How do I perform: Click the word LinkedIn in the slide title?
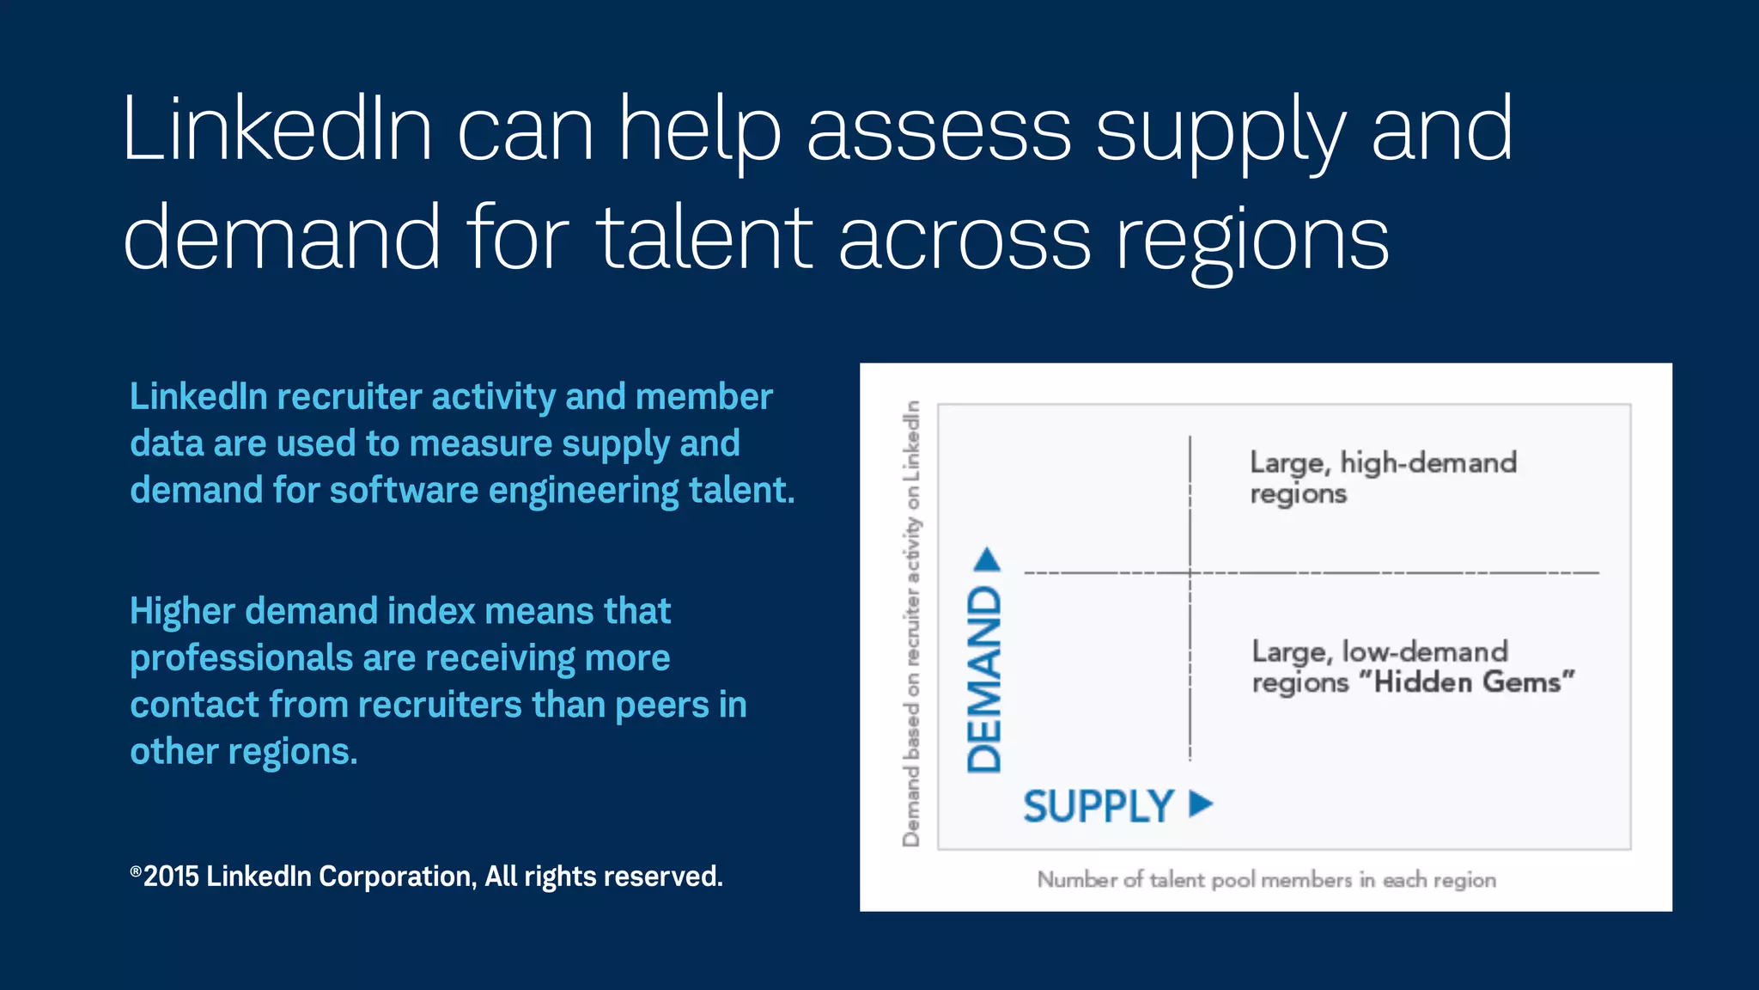click(277, 129)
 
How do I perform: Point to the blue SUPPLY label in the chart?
click(1098, 806)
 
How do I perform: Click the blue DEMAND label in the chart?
click(984, 679)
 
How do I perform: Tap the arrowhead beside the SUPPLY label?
click(1201, 804)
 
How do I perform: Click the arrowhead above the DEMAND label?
click(988, 560)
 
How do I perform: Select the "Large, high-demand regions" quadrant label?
click(1383, 478)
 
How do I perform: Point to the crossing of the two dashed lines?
click(1190, 572)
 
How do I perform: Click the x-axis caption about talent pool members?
click(1266, 879)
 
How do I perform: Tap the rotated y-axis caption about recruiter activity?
click(911, 624)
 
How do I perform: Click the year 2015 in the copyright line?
click(171, 877)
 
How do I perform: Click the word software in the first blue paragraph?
click(403, 491)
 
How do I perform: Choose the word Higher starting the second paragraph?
click(182, 612)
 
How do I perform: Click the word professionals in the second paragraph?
click(241, 659)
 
